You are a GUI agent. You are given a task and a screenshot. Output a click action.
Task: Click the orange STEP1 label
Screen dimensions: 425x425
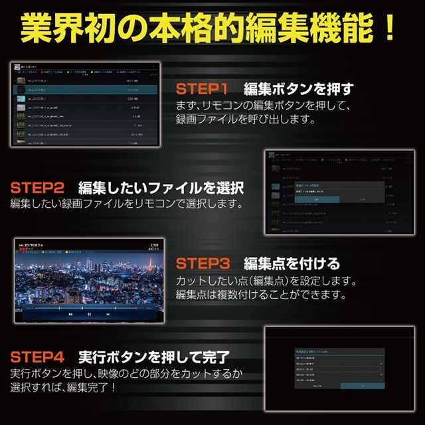tap(202, 89)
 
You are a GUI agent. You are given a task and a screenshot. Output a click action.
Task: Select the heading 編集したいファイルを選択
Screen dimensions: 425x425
tap(161, 187)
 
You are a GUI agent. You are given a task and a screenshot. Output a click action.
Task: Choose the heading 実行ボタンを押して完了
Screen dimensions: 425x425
tap(153, 357)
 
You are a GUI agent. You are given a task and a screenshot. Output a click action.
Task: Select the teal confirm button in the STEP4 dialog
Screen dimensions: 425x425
tap(362, 385)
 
